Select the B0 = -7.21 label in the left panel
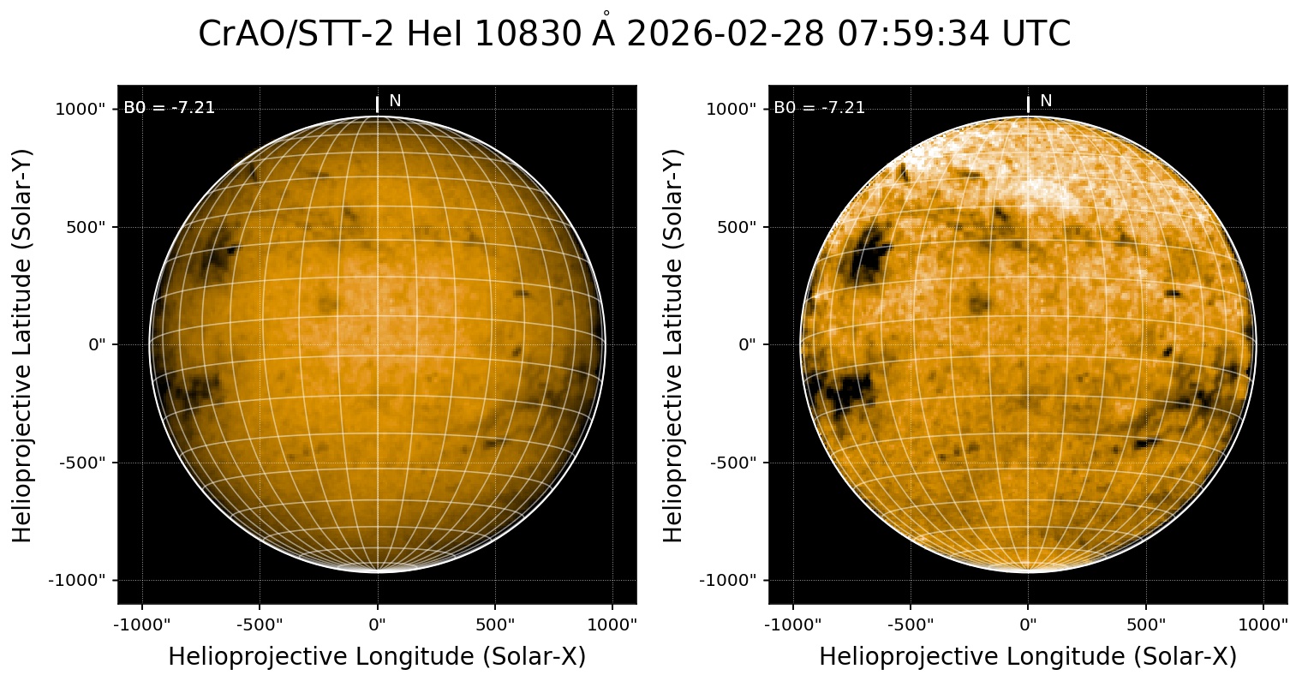click(x=170, y=108)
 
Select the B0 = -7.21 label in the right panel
click(x=820, y=108)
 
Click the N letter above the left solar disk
click(x=395, y=101)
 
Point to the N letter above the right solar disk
click(x=1046, y=101)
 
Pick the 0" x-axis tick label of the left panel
click(x=378, y=624)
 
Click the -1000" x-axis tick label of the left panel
click(x=142, y=624)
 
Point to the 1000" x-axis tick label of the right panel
click(x=1264, y=624)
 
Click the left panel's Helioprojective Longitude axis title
click(x=377, y=656)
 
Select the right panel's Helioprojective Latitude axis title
click(x=675, y=344)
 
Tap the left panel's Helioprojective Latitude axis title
click(x=24, y=344)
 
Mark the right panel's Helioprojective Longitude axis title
click(x=1028, y=656)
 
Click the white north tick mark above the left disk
click(x=377, y=105)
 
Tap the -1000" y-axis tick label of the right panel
click(x=730, y=580)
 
